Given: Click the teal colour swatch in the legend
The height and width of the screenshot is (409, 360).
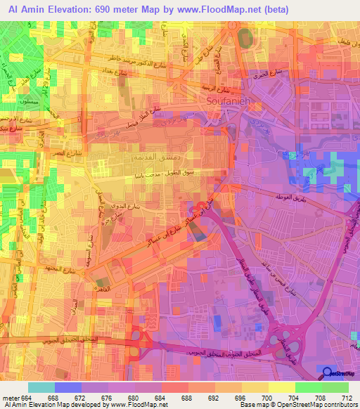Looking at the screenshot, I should pyautogui.click(x=41, y=388).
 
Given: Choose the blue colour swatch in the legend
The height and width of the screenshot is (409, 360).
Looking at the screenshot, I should pyautogui.click(x=68, y=388).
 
